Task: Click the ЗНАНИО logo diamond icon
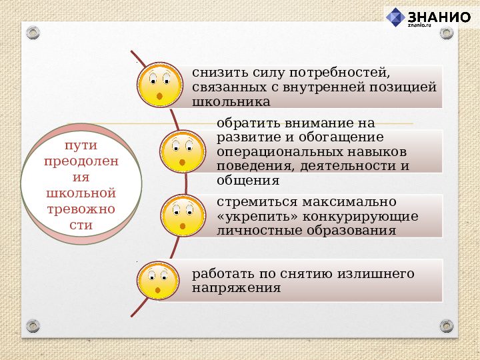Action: coord(396,17)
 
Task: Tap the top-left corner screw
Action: coord(33,32)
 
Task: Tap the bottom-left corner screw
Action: coord(33,326)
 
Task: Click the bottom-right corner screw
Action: coord(447,326)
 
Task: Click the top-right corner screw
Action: coord(447,32)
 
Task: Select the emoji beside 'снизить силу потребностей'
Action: coord(160,86)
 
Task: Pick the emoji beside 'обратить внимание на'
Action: coord(183,151)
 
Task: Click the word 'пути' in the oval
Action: coord(81,145)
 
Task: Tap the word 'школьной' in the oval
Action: coord(81,193)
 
